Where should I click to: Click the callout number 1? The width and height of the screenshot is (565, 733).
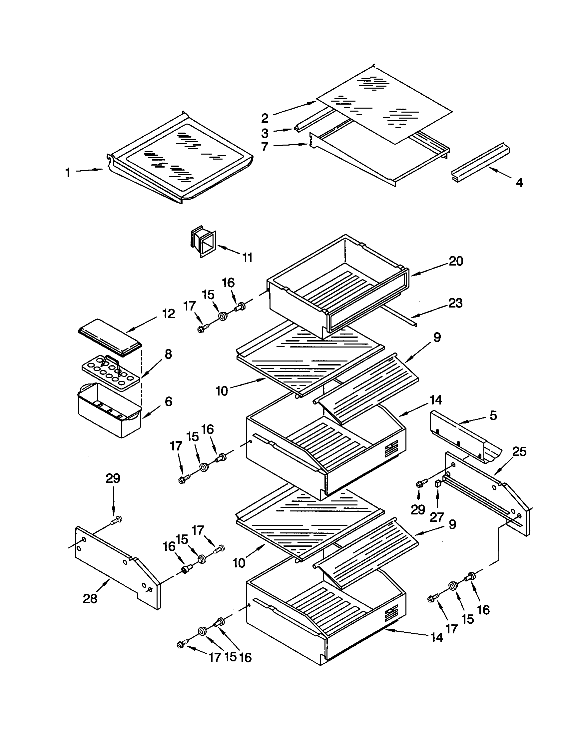(68, 173)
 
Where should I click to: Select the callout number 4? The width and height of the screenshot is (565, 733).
(519, 183)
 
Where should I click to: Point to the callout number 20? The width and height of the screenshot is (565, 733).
(456, 261)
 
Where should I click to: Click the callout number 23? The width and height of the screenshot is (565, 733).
(455, 303)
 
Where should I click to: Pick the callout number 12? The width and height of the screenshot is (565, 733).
(169, 314)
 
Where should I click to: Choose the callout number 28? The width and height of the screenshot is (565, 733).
(90, 598)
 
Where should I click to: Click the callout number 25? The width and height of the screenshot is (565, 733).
(519, 452)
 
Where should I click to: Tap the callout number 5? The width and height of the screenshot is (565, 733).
(493, 415)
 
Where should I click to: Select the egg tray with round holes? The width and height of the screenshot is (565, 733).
(111, 374)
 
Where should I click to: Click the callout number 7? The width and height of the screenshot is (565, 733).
(265, 147)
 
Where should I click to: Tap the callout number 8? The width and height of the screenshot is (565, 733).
(169, 354)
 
